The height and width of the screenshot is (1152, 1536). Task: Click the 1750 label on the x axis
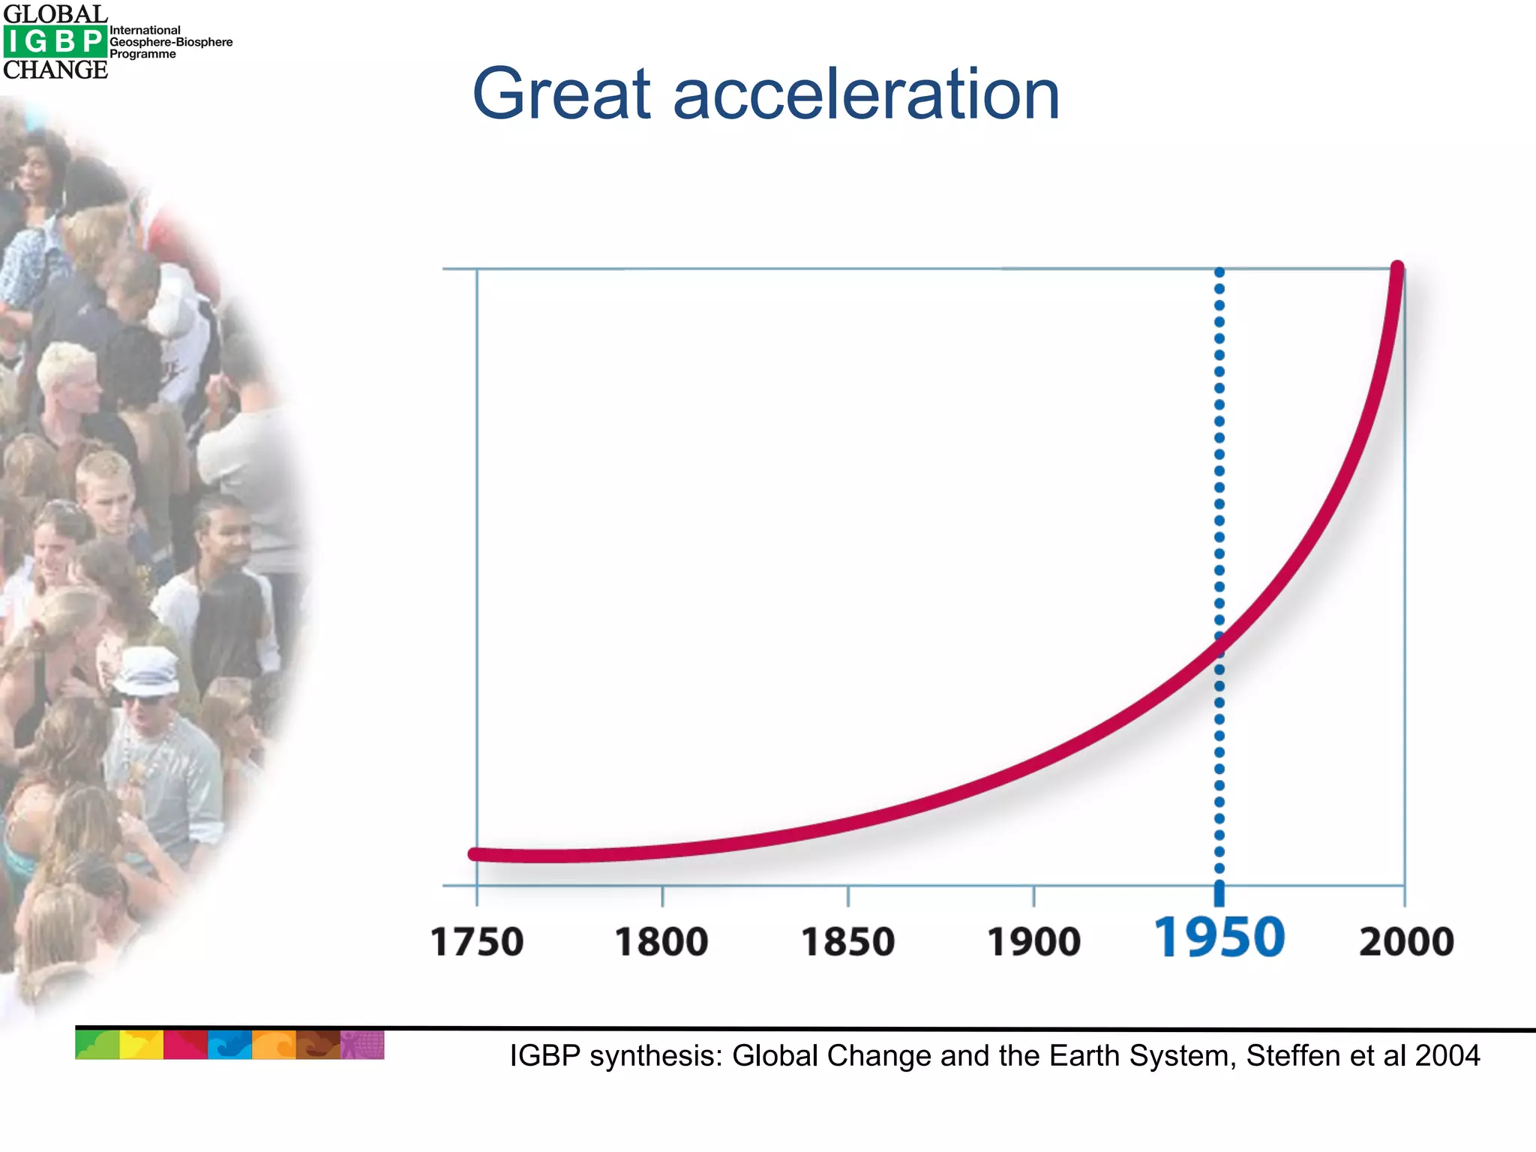coord(477,942)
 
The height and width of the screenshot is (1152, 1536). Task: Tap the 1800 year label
coord(661,942)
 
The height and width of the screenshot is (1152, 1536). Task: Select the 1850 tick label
coord(848,942)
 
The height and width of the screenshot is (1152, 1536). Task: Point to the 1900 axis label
coord(1034,942)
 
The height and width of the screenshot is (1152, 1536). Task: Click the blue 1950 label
coord(1219,937)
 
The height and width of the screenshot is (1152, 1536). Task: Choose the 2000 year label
coord(1406,942)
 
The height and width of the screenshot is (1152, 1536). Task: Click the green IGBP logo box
coord(55,41)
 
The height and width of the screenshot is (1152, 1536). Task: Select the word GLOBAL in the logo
coord(55,14)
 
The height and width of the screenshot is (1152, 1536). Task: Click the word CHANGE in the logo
coord(55,70)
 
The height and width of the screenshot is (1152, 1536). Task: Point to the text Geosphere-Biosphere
coord(171,42)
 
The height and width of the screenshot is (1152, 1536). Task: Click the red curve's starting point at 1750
coord(475,853)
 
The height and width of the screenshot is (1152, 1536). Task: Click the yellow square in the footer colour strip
coord(141,1045)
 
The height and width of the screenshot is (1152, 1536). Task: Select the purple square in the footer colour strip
coord(362,1045)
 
